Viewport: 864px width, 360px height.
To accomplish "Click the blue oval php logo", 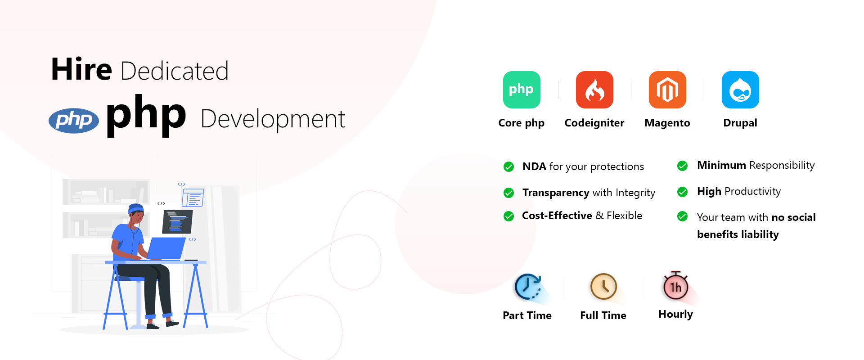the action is (x=74, y=121).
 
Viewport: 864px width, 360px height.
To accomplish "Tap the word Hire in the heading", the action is (x=81, y=70).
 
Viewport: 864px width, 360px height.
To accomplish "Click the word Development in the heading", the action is (x=273, y=120).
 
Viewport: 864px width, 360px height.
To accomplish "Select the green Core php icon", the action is (x=522, y=90).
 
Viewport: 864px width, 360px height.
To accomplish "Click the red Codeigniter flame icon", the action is (x=594, y=90).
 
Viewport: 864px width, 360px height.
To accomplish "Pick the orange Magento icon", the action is (x=667, y=90).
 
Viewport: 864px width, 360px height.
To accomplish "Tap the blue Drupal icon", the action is (x=740, y=90).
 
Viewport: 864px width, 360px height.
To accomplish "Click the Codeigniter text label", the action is (x=594, y=123).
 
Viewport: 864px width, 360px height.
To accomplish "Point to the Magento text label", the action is (x=667, y=123).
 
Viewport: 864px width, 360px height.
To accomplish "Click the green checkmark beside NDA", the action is (x=509, y=167).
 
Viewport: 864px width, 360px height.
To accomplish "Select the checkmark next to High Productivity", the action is (x=683, y=192).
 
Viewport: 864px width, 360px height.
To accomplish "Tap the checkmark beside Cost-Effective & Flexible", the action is (x=509, y=216).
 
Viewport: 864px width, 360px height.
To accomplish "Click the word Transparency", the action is (x=556, y=193).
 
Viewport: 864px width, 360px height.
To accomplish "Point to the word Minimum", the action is (x=722, y=165).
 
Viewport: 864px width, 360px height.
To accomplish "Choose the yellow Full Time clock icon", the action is (x=603, y=287).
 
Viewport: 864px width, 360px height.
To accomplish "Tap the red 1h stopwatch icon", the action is (x=675, y=286).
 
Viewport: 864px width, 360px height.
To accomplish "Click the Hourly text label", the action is (x=675, y=315).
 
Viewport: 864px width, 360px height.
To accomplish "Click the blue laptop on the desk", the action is (x=166, y=248).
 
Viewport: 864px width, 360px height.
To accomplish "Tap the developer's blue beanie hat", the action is (x=136, y=208).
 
